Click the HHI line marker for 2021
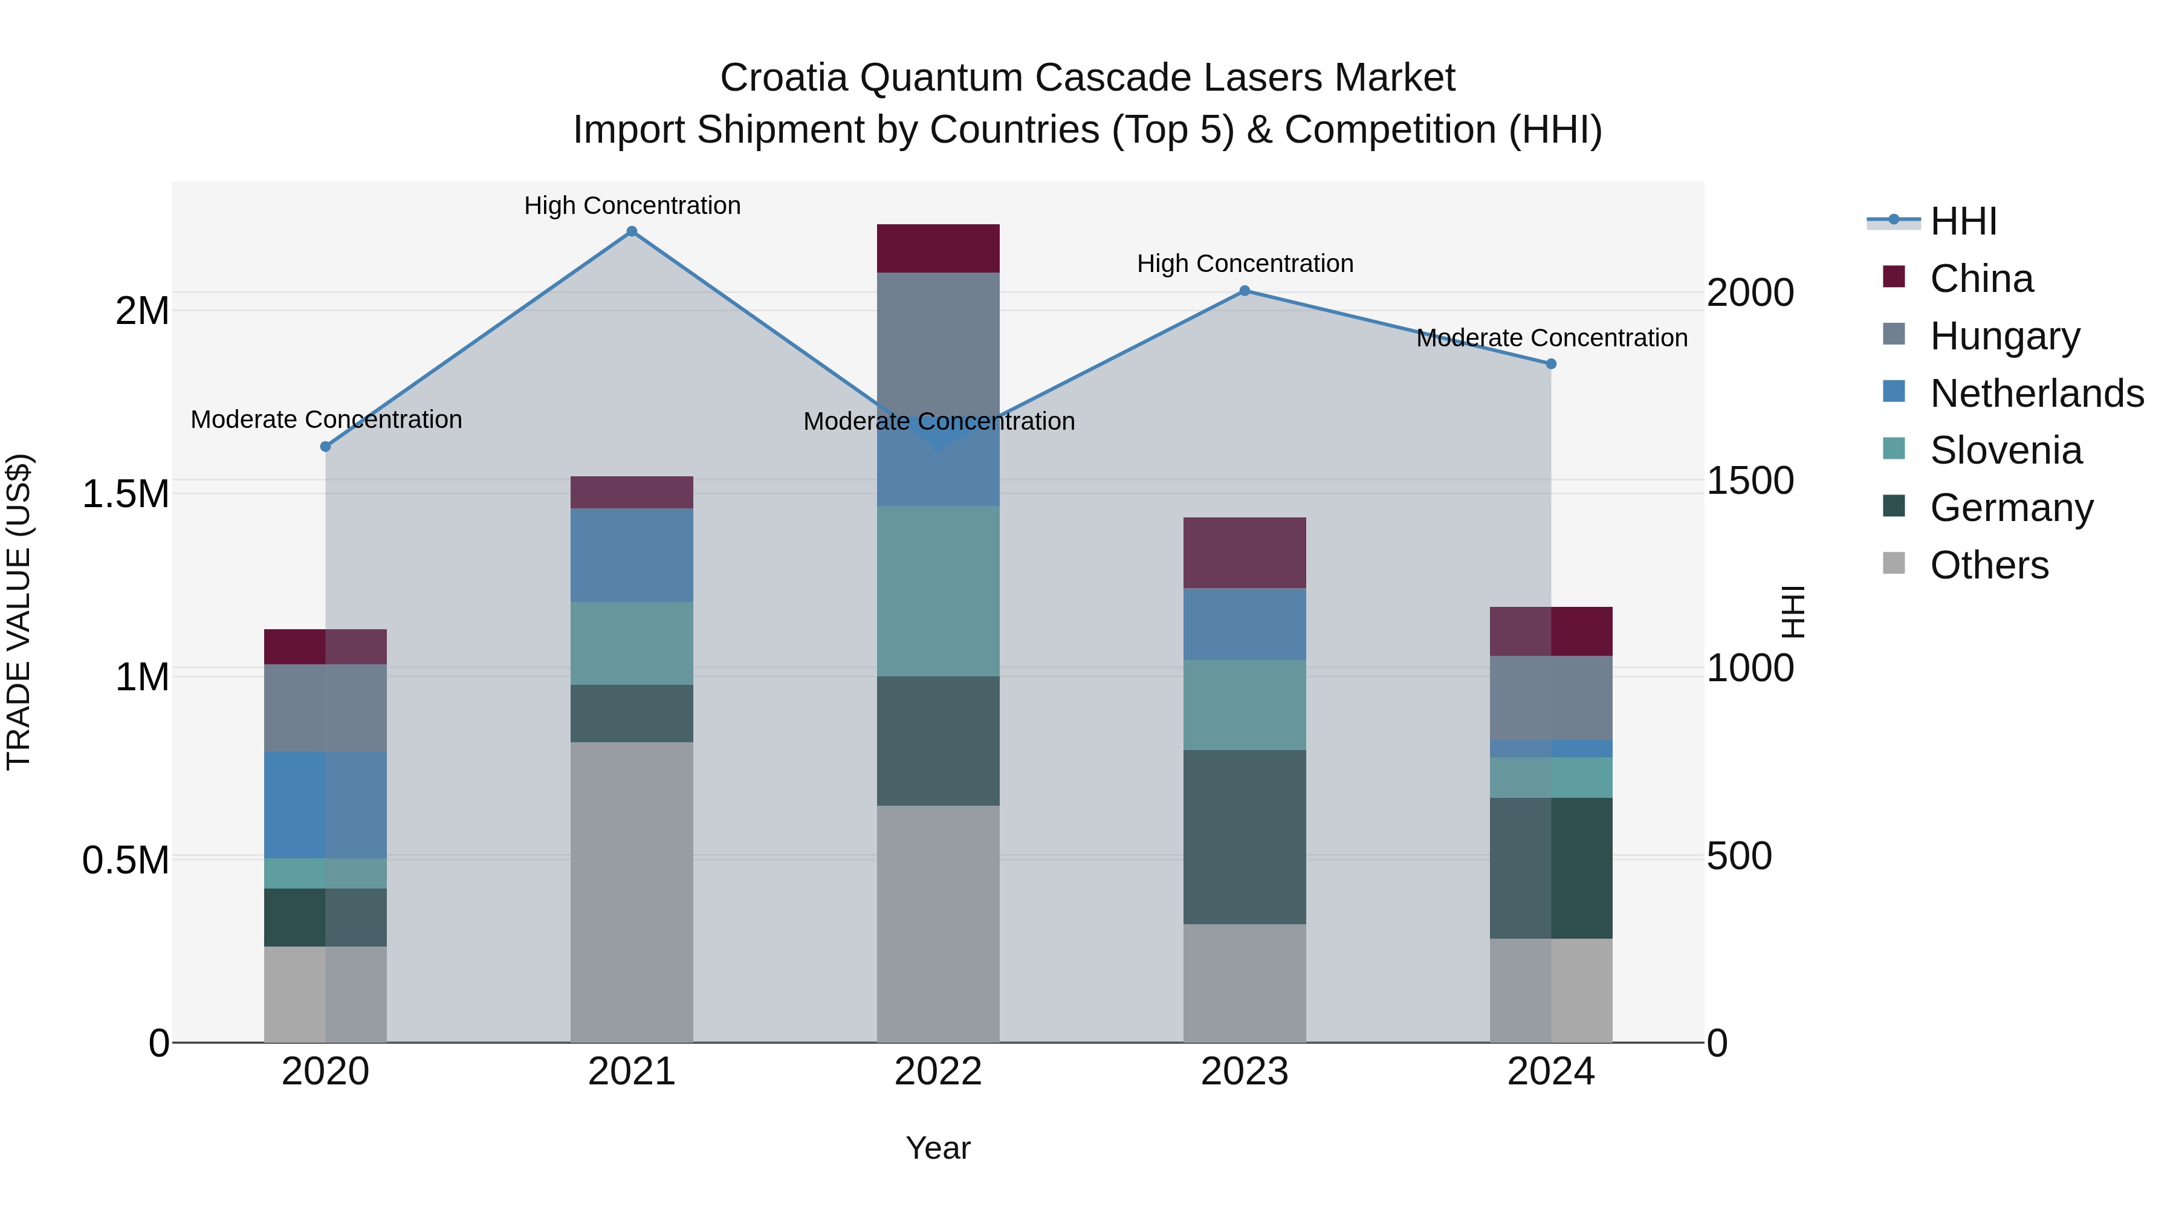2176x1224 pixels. [x=631, y=232]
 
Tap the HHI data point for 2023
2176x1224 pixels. [x=1245, y=291]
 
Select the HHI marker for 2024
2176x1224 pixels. [x=1551, y=364]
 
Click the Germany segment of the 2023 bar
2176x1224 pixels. [x=1245, y=837]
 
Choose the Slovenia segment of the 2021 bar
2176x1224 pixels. [x=631, y=643]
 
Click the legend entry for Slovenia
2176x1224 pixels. [x=2006, y=450]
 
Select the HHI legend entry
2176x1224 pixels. [x=1963, y=221]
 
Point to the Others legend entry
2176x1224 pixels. [x=1989, y=565]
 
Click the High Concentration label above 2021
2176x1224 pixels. [x=632, y=206]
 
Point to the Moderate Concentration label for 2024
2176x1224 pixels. [x=1551, y=338]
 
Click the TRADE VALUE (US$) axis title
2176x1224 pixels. [x=19, y=612]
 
